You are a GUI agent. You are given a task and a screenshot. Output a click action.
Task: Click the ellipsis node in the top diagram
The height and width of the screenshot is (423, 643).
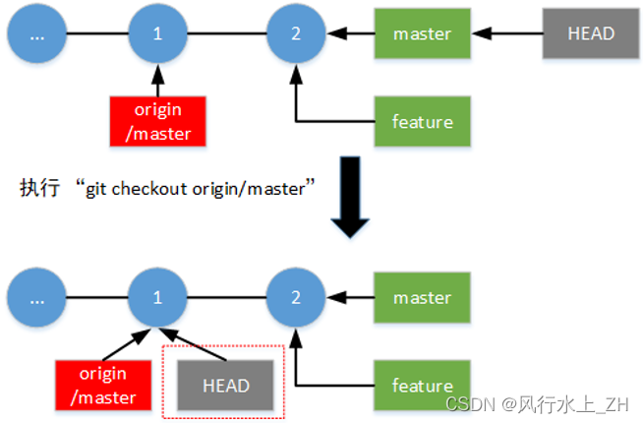click(36, 33)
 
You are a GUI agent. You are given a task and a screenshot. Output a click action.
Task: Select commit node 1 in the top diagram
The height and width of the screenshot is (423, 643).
click(157, 33)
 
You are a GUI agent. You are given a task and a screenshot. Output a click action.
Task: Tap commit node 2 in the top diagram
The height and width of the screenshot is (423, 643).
click(296, 33)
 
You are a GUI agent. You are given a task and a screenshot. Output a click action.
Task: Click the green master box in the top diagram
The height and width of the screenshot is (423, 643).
click(422, 33)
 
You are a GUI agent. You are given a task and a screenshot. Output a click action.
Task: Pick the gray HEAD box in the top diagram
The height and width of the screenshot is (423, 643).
click(591, 33)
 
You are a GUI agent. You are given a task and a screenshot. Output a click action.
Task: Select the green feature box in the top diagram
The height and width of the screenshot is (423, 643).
click(422, 122)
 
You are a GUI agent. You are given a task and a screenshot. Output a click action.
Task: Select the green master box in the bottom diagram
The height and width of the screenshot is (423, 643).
click(422, 297)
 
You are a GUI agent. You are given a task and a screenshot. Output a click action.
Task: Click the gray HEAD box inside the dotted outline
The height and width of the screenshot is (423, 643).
click(225, 385)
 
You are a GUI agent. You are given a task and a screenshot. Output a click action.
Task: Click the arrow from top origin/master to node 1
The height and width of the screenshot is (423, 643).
click(157, 79)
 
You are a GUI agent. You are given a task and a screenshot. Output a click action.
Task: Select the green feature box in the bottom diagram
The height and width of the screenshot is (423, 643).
click(422, 385)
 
